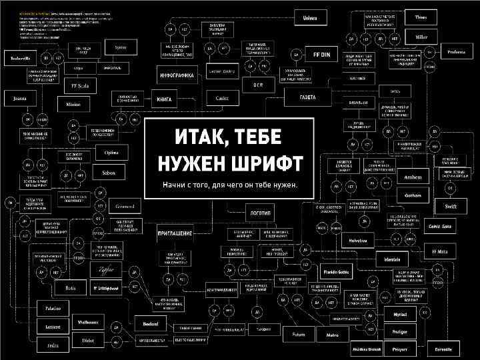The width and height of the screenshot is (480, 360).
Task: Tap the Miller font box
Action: (x=421, y=37)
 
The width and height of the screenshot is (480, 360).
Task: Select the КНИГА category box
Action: (x=164, y=99)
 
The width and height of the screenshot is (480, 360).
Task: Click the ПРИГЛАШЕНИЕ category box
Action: (x=175, y=234)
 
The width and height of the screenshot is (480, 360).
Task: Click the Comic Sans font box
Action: (x=439, y=226)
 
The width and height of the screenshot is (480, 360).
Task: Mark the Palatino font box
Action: (x=53, y=309)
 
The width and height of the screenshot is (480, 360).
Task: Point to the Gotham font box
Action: (x=409, y=196)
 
